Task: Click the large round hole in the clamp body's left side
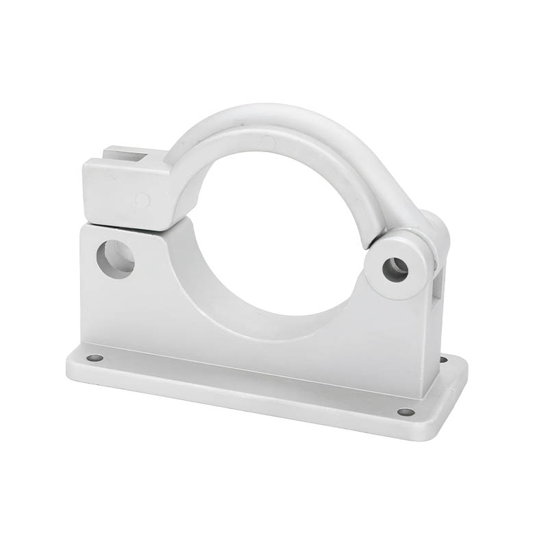(x=115, y=259)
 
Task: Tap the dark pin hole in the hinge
(x=395, y=269)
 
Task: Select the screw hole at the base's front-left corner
(x=95, y=358)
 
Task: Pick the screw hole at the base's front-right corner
(x=406, y=412)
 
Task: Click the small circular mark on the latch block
(x=142, y=200)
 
